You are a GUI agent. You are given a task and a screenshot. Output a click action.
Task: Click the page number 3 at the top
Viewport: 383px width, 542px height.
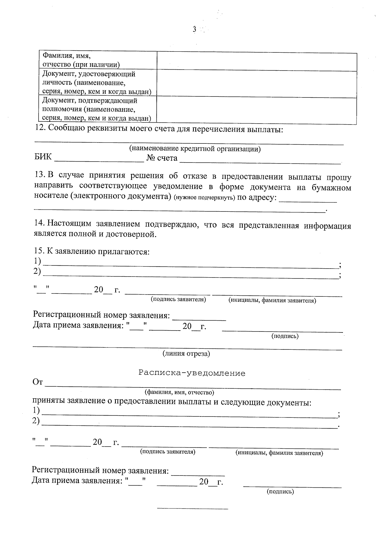coord(194,30)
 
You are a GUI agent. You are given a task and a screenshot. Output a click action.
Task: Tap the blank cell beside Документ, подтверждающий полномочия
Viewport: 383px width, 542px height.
coord(257,110)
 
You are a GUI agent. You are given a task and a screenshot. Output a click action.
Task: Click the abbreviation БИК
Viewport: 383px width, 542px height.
coord(43,157)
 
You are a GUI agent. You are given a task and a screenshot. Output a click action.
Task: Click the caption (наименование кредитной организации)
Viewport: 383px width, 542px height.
coord(195,149)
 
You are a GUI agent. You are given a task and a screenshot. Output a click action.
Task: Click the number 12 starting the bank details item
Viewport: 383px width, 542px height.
coord(40,130)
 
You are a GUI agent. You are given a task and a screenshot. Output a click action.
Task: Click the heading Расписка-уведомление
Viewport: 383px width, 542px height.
coord(192,373)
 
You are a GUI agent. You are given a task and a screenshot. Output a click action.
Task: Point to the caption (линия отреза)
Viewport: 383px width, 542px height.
coord(186,354)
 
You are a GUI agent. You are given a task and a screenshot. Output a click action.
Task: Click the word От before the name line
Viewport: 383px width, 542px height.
coord(37,382)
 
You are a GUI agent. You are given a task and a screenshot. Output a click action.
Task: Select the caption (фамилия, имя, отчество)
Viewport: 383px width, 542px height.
coord(179,392)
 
